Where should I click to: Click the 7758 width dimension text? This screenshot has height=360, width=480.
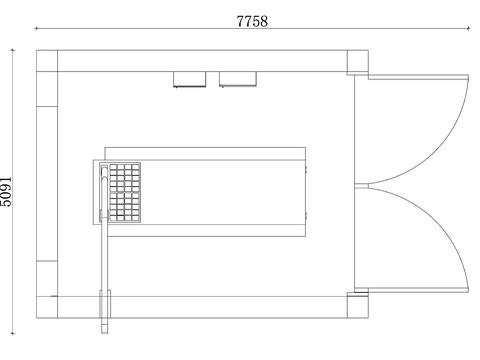pyautogui.click(x=252, y=21)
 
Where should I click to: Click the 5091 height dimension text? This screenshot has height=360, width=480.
pyautogui.click(x=6, y=192)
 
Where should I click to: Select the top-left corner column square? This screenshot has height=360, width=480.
pyautogui.click(x=47, y=61)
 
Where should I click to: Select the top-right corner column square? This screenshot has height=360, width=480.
pyautogui.click(x=358, y=61)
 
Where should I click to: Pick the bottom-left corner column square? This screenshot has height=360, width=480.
pyautogui.click(x=47, y=307)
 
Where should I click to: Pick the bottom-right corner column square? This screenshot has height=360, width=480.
pyautogui.click(x=358, y=306)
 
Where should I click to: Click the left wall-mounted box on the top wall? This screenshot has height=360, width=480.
pyautogui.click(x=189, y=79)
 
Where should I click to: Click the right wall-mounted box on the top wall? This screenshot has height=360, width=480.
pyautogui.click(x=238, y=79)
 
